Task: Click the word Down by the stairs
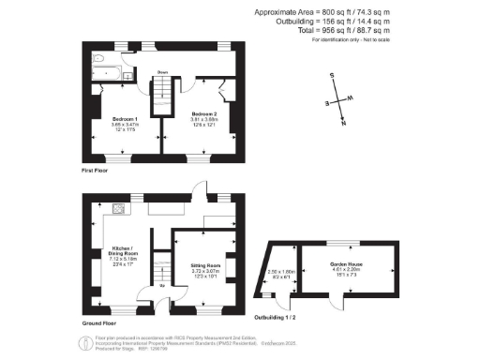[x=162, y=71]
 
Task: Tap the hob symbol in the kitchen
[x=118, y=207]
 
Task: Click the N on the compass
[x=344, y=123]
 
